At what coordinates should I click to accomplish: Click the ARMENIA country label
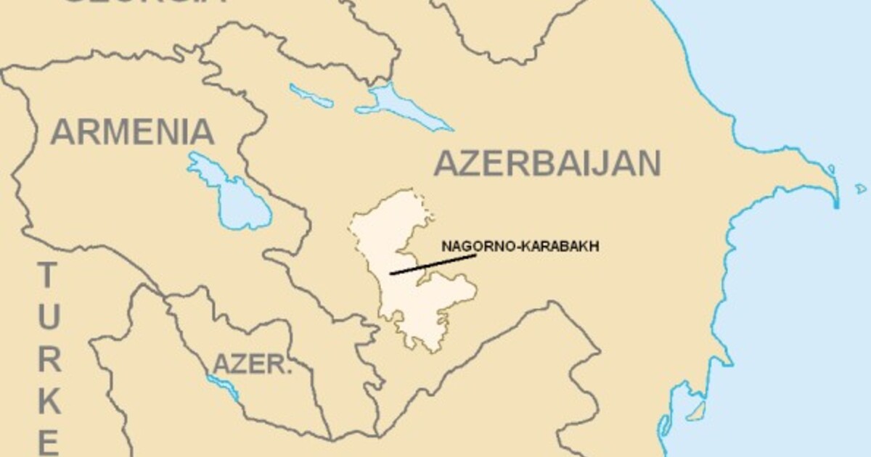tap(133, 132)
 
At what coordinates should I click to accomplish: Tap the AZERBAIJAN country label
tap(547, 164)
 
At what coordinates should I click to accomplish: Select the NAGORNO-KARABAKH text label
tap(520, 246)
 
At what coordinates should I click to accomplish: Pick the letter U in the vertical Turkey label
tap(48, 317)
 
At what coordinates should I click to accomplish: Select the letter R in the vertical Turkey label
tap(48, 358)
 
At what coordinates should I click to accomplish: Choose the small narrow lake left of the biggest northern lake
tap(311, 96)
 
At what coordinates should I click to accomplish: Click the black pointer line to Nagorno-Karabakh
tap(433, 265)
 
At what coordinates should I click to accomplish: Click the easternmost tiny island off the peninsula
tap(862, 188)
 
